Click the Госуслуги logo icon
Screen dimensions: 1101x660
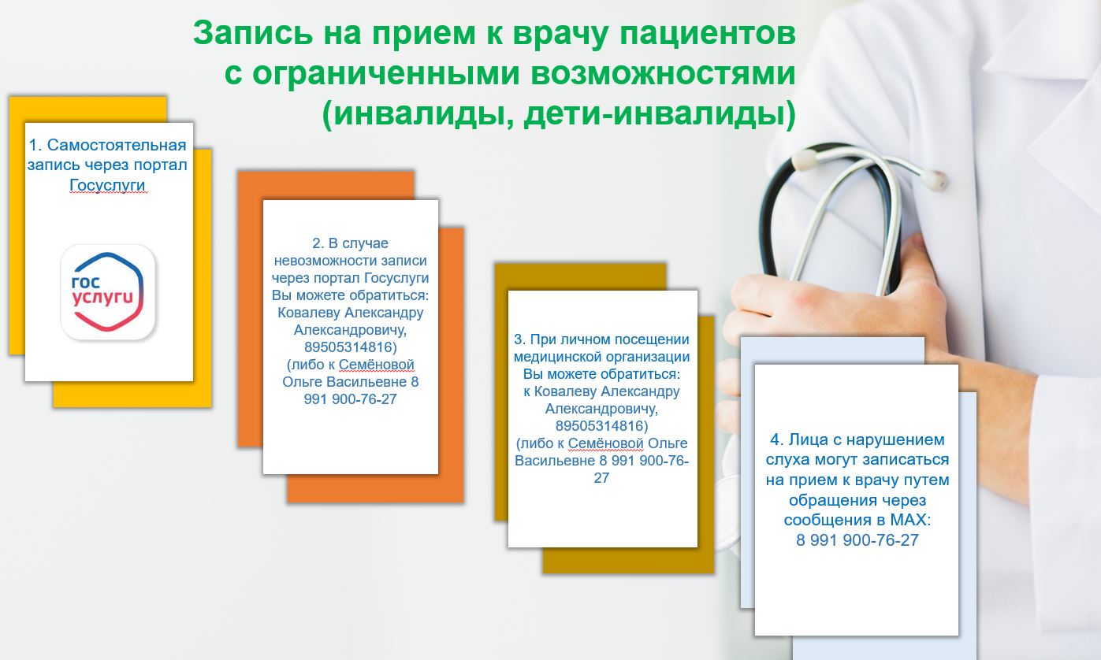pos(108,292)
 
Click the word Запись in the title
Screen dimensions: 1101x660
pos(253,33)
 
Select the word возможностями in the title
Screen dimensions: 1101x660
pos(663,73)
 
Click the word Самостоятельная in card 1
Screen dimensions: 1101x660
pos(117,146)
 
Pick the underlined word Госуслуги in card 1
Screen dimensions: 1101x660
pos(107,185)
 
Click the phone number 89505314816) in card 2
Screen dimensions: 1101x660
pos(351,347)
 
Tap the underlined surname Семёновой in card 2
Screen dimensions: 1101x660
pos(377,365)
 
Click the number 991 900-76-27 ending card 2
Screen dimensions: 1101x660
pos(350,399)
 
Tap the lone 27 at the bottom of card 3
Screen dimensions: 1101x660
pos(601,478)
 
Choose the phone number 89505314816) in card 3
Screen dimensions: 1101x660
pos(601,426)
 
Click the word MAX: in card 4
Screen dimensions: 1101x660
pos(911,520)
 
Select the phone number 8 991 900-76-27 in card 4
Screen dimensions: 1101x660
pos(857,540)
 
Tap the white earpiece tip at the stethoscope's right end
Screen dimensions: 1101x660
pos(935,179)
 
